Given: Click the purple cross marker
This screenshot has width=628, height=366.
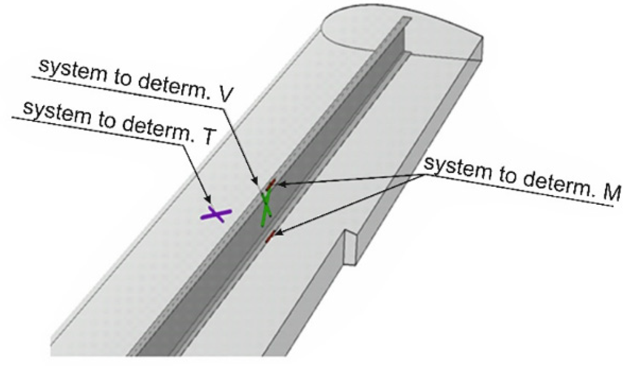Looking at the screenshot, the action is (x=216, y=215).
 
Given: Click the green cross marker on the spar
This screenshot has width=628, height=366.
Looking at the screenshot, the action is (x=266, y=208).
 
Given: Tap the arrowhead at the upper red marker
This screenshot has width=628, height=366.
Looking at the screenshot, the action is (x=277, y=184).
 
